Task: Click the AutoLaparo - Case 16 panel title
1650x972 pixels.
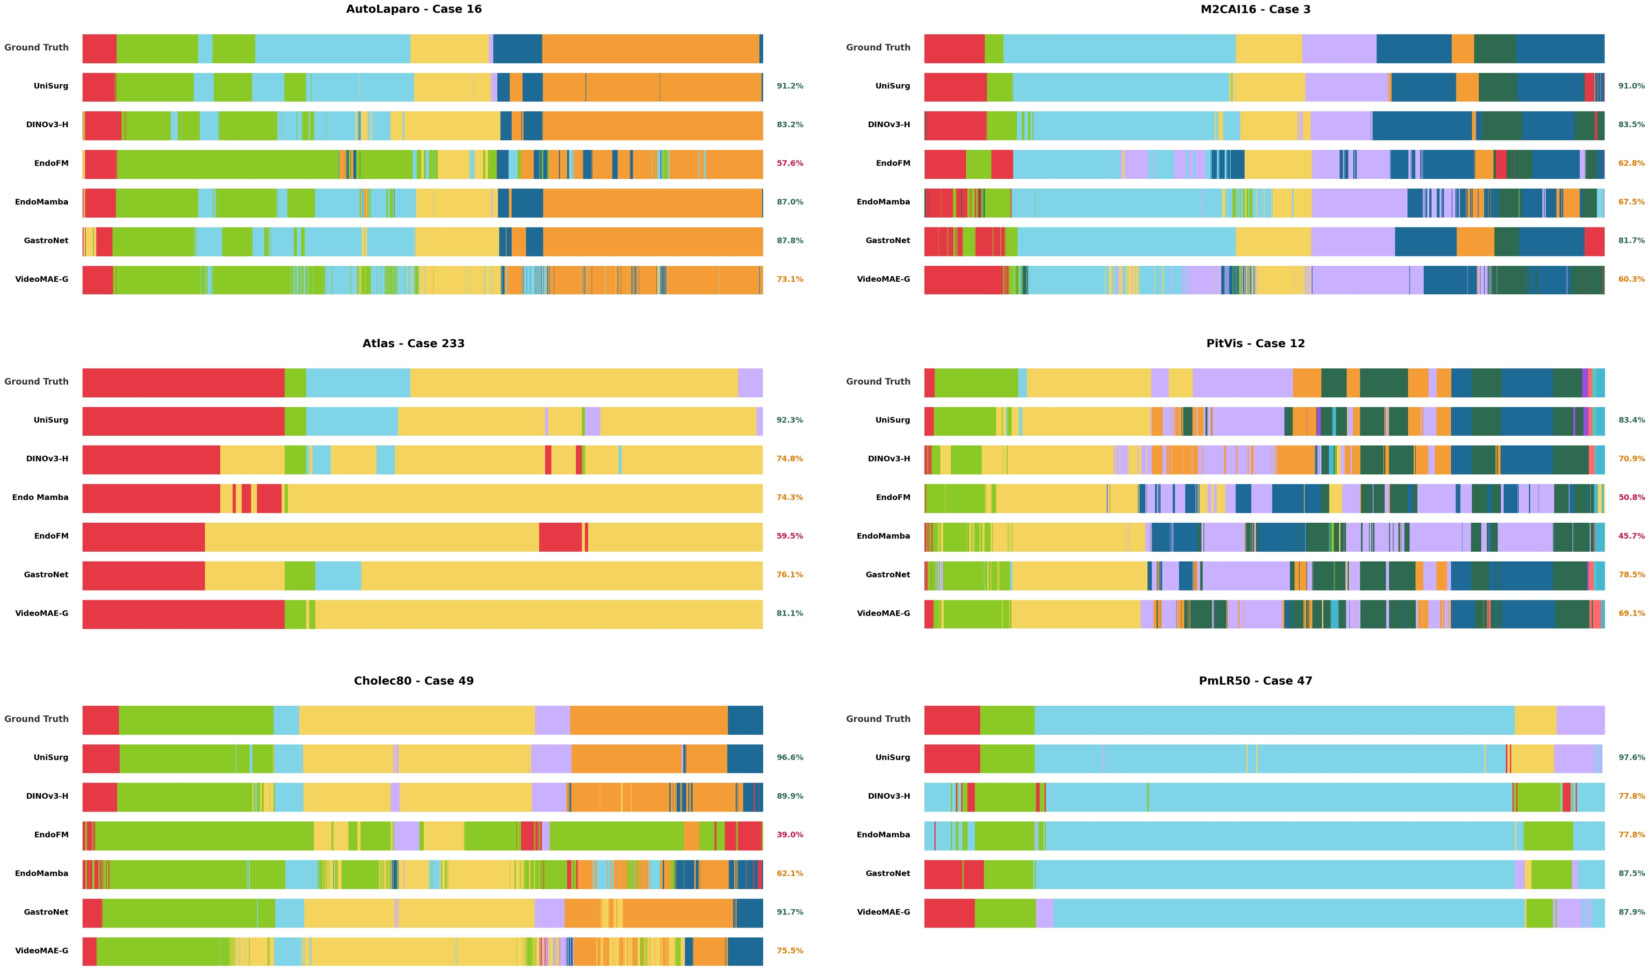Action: (x=414, y=9)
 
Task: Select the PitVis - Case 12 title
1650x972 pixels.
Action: (x=1255, y=343)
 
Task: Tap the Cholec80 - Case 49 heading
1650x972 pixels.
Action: (x=414, y=680)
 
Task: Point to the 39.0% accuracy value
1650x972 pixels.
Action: (x=789, y=834)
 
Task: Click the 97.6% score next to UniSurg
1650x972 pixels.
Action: (x=1631, y=757)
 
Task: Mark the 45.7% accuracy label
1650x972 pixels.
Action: (x=1631, y=536)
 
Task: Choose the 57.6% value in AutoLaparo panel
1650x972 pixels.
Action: (x=789, y=163)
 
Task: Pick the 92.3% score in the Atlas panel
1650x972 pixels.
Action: (x=789, y=420)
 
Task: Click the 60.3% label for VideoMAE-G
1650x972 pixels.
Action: (x=1631, y=279)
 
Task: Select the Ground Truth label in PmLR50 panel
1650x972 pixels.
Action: (x=877, y=718)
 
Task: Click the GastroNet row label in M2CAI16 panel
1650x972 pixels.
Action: (x=887, y=241)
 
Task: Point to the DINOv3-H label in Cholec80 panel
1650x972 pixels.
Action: (x=47, y=796)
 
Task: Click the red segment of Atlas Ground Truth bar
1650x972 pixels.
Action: (x=183, y=382)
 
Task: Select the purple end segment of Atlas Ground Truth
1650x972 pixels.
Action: (x=750, y=382)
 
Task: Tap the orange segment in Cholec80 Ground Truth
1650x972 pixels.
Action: (x=648, y=720)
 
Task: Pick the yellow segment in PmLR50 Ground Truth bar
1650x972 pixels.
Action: (x=1535, y=720)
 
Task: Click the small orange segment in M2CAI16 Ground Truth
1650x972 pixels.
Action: (x=1462, y=49)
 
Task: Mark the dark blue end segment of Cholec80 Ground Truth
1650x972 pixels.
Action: (x=745, y=720)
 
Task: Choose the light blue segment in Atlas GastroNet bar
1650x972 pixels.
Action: (x=338, y=576)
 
